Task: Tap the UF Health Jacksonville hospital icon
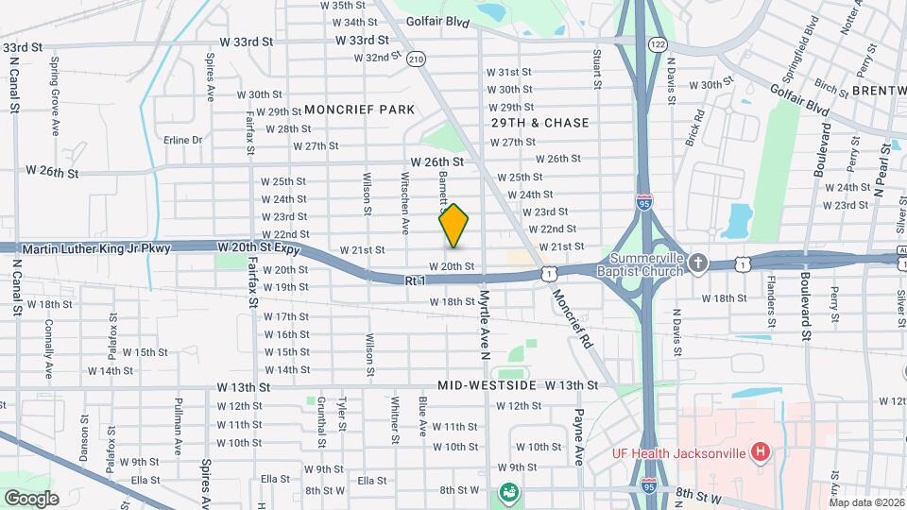tap(759, 452)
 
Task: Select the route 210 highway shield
tap(417, 59)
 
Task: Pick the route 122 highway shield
tap(658, 44)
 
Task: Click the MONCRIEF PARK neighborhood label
tap(359, 110)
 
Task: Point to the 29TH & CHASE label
tap(539, 123)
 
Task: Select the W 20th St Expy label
tap(258, 247)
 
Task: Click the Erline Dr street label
tap(183, 140)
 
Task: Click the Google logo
tap(31, 498)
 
